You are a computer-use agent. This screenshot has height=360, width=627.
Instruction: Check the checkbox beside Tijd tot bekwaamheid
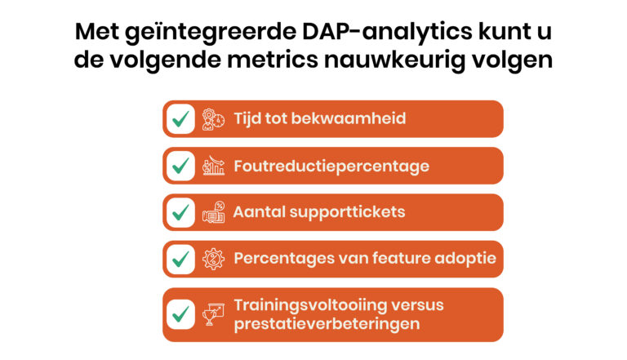point(180,119)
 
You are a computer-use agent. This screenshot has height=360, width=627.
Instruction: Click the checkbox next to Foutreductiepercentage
point(180,166)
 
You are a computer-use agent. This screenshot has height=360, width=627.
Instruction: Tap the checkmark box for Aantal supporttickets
point(180,212)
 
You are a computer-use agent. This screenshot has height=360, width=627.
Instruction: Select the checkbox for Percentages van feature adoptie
point(180,260)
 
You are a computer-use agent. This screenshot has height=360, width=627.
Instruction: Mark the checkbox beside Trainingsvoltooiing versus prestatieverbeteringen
point(180,314)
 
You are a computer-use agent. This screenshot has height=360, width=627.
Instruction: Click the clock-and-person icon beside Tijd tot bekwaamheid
point(213,119)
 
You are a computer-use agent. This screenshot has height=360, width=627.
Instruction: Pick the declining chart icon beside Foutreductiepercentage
point(213,166)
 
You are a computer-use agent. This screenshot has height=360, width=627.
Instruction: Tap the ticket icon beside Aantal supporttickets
point(214,212)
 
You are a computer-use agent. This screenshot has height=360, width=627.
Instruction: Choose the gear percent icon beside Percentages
point(213,259)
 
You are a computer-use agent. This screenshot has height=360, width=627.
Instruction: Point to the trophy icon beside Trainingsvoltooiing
point(213,314)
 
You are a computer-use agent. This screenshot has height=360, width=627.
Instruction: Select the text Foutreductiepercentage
point(331,167)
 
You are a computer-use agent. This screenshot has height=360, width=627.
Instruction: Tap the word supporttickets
point(347,212)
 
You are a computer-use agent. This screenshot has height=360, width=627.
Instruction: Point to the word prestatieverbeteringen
point(327,324)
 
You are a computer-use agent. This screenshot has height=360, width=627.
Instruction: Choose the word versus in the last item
point(417,305)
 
